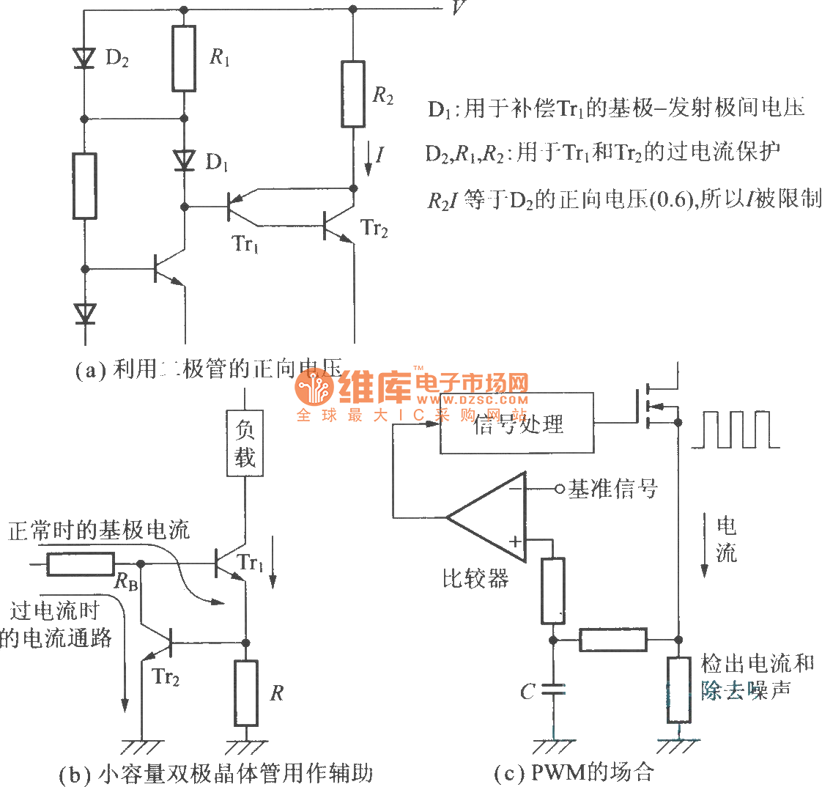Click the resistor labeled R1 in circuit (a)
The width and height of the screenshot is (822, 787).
point(184,58)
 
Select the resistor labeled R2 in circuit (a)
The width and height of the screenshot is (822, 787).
point(353,94)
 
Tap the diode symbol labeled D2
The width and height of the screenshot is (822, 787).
point(85,58)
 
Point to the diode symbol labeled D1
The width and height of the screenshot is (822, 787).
point(184,160)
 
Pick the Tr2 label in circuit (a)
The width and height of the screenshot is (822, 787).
point(374,229)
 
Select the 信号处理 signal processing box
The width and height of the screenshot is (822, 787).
point(516,424)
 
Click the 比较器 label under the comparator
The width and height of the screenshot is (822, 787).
point(475,579)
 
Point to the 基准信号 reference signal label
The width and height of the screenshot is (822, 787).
point(613,489)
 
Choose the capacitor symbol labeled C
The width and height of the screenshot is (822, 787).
point(554,690)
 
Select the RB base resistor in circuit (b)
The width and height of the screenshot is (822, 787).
point(80,564)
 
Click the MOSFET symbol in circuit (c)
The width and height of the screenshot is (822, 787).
point(659,404)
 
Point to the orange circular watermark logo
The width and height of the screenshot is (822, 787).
point(315,388)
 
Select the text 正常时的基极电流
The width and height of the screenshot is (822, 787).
point(99,530)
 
